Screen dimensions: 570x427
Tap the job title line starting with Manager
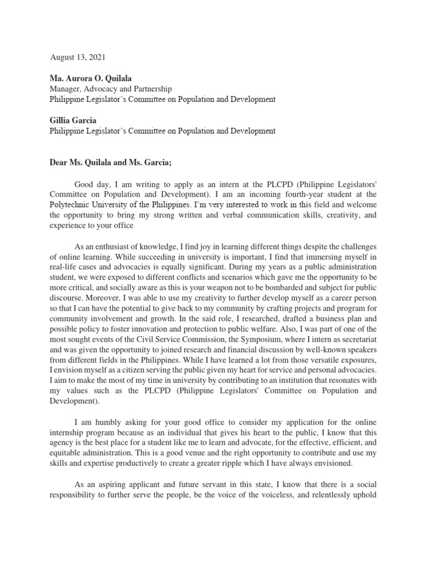pyautogui.click(x=111, y=89)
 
